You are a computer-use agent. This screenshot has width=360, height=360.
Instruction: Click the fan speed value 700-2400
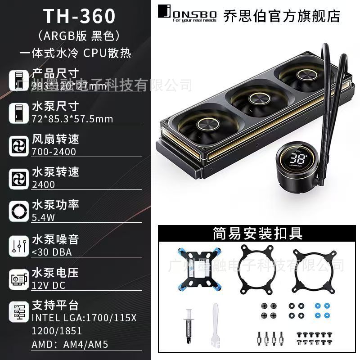[x=54, y=152]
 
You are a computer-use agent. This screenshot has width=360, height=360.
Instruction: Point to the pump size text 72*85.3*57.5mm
[x=72, y=119]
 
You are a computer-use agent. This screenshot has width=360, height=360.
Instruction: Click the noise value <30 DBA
[x=52, y=252]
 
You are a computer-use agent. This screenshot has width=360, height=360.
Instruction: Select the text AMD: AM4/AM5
[x=70, y=345]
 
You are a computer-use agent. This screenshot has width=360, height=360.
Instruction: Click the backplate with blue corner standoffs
[x=195, y=269]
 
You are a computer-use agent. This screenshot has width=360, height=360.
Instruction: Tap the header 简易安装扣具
[x=257, y=234]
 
